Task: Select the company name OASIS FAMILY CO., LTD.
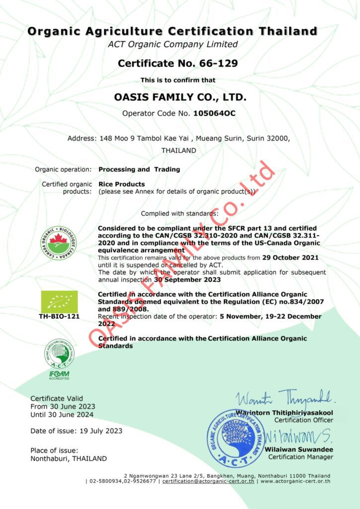(180, 96)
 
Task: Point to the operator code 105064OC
(214, 113)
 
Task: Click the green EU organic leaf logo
(59, 302)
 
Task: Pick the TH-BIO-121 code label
(59, 316)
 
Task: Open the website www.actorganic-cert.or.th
(295, 481)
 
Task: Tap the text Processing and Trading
(139, 170)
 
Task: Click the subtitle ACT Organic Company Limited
(173, 44)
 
